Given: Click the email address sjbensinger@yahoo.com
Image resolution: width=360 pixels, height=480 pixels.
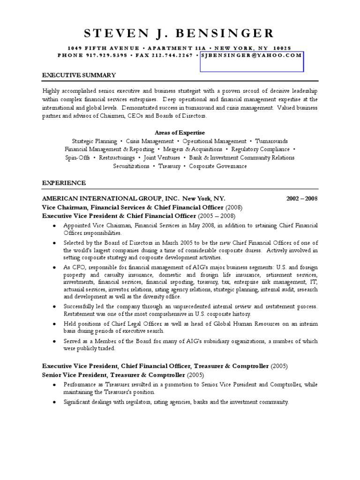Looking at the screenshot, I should [251, 55].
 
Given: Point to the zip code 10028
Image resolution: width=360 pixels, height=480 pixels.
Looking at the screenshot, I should [283, 48].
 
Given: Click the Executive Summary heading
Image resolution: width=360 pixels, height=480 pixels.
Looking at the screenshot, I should [79, 75].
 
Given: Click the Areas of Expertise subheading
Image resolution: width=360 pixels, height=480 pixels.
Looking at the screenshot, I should [180, 133].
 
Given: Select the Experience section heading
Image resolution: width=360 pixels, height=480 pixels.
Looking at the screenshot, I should [64, 183].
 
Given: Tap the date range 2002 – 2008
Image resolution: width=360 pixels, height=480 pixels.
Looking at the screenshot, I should [302, 198].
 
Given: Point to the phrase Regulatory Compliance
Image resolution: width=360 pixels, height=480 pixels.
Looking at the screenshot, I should [267, 149].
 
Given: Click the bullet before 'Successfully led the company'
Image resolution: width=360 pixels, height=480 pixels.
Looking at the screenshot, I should [54, 307].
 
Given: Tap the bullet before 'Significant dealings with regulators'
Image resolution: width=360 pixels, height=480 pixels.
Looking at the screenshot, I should [54, 402].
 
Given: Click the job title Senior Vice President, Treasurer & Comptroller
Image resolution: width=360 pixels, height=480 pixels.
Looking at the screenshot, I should [113, 375].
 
